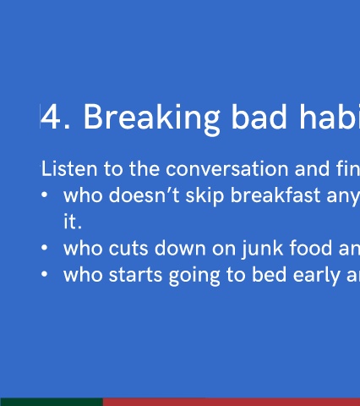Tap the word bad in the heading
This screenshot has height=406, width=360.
[259, 117]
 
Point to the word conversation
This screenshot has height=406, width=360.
[227, 169]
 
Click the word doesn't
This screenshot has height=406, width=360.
[145, 195]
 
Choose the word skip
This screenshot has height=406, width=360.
[205, 196]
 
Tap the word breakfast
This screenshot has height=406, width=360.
[275, 195]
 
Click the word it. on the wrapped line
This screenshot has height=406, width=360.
[73, 222]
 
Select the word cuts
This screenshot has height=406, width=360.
[128, 249]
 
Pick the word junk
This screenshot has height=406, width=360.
[263, 250]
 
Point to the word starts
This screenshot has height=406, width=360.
[135, 275]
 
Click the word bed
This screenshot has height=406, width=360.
[270, 274]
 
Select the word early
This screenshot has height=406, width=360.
[316, 276]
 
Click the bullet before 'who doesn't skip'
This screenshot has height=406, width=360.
[44, 195]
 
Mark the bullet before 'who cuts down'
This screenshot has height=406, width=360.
[44, 248]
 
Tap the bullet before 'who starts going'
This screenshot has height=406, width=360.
[44, 274]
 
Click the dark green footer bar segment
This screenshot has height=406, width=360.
[52, 402]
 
